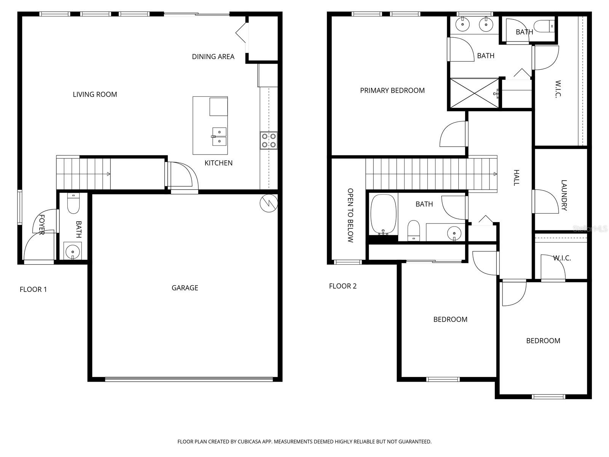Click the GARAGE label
185,288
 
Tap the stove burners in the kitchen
269,141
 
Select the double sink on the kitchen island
219,137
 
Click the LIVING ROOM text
95,94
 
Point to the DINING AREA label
213,57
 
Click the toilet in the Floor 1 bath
73,205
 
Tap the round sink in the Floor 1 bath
72,251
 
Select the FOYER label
42,225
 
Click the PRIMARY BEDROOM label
392,91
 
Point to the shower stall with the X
474,93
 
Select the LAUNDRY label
564,195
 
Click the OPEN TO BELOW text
351,215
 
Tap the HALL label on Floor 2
516,178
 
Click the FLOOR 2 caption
343,286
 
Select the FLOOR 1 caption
33,290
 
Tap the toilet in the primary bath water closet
543,27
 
